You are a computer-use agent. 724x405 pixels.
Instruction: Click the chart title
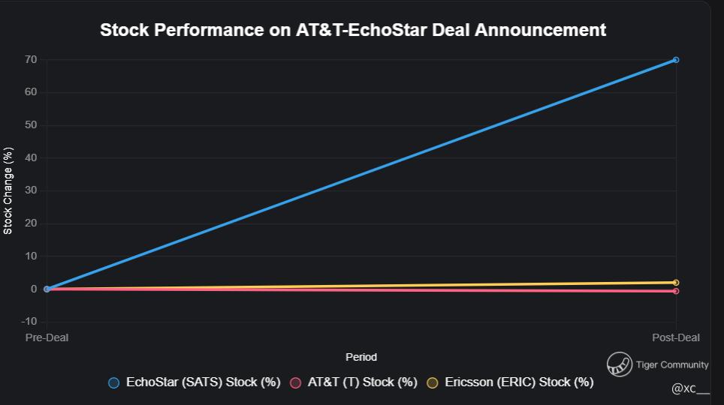[353, 30]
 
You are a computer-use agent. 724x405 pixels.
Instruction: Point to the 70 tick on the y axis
[31, 59]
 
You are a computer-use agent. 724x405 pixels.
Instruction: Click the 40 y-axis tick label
[31, 158]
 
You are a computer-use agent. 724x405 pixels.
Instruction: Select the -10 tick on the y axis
[29, 322]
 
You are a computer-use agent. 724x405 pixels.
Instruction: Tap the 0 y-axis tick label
[34, 289]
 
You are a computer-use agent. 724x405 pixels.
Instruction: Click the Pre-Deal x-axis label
[47, 337]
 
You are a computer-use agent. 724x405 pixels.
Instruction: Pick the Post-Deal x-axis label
[675, 337]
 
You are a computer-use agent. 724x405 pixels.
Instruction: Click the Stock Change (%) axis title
[8, 191]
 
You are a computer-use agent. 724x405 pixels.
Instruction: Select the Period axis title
[361, 357]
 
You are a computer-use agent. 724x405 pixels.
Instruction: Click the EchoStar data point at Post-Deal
[676, 60]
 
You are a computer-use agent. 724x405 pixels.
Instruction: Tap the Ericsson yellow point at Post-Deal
[676, 283]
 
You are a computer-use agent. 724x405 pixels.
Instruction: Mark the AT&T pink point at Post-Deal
[676, 291]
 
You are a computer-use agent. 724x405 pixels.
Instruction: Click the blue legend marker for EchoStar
[114, 382]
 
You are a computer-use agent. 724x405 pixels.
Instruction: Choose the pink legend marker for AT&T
[295, 382]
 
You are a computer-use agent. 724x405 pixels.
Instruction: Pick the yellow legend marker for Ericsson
[432, 382]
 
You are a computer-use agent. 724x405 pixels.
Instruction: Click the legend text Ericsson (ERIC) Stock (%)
[519, 382]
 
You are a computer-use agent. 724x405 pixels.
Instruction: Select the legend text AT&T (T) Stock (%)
[362, 382]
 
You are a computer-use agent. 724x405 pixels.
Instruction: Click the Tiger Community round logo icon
[620, 364]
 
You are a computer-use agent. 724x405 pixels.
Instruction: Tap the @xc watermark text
[689, 388]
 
